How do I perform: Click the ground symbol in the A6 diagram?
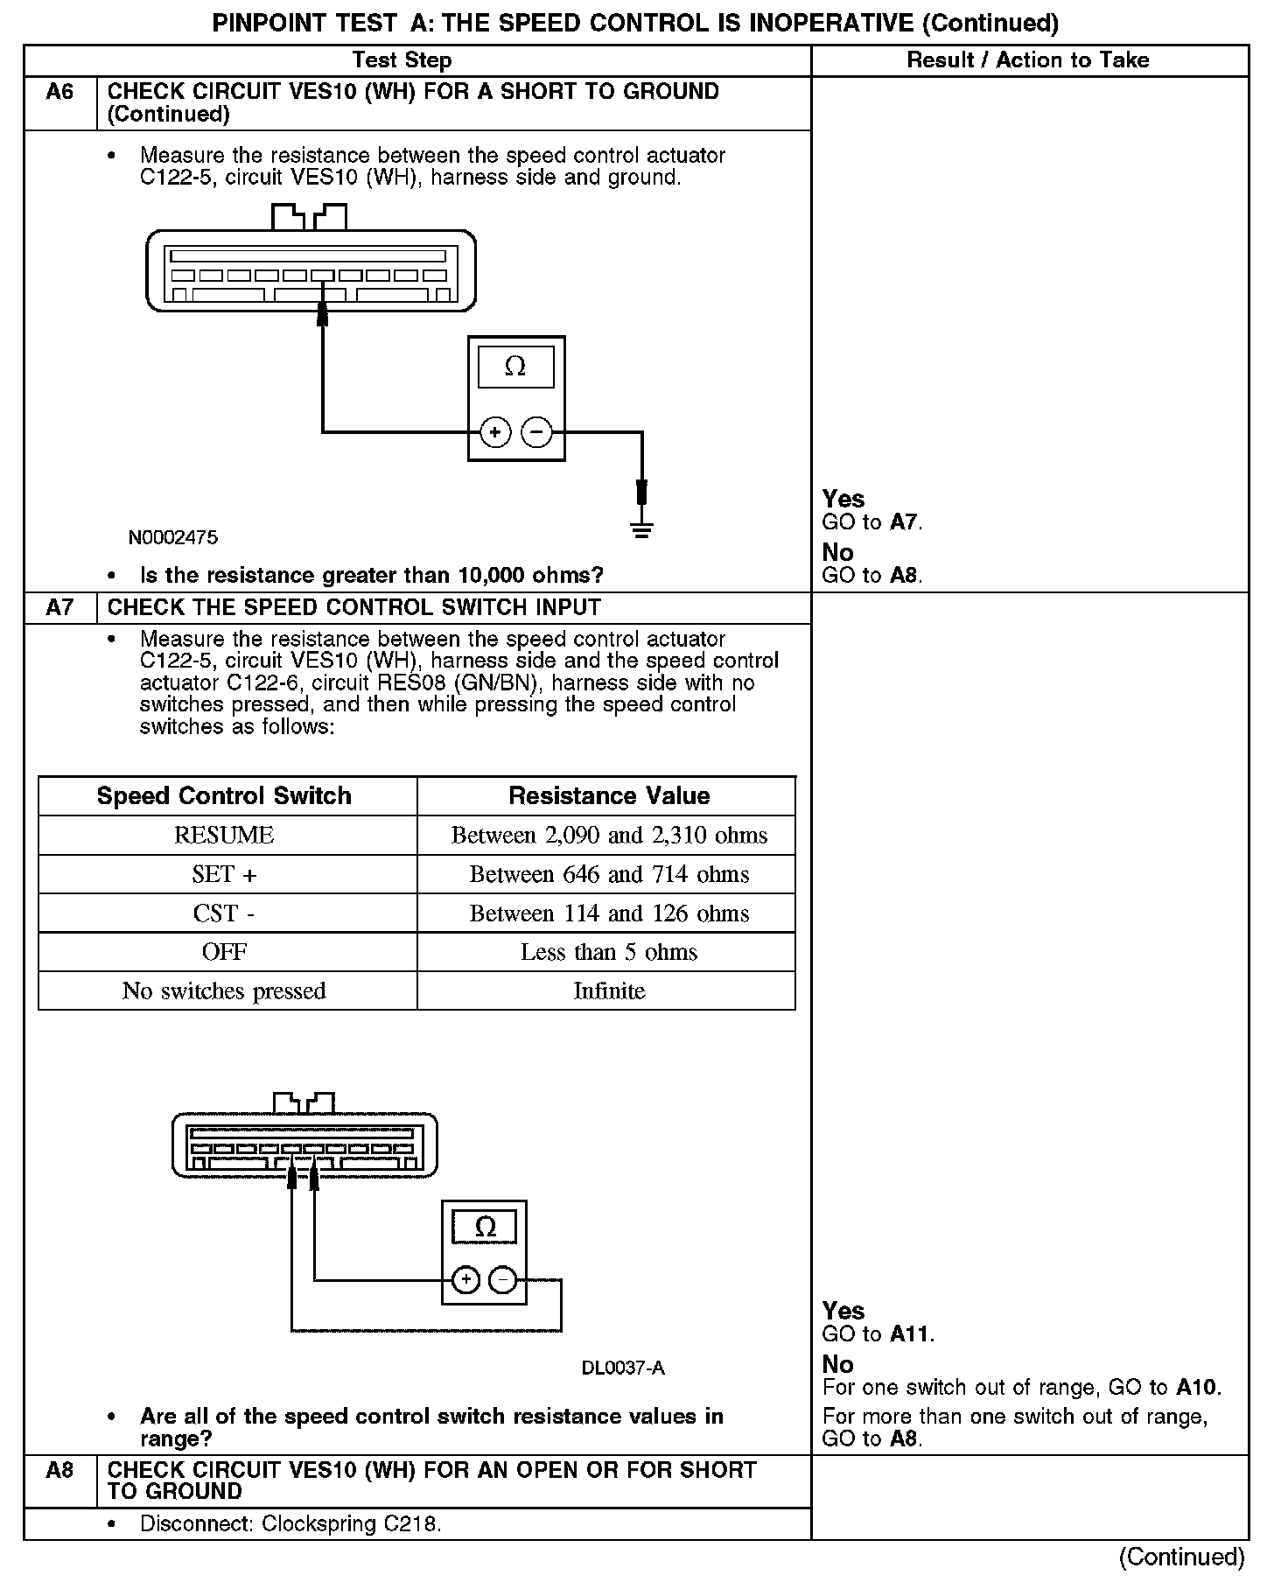click(x=642, y=528)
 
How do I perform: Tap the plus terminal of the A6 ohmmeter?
click(x=495, y=431)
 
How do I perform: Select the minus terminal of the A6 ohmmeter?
click(x=536, y=431)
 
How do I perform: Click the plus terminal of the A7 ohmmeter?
click(x=466, y=1280)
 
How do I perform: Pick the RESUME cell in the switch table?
click(x=224, y=835)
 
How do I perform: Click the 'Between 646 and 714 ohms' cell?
click(x=609, y=874)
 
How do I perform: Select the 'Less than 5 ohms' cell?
click(x=609, y=952)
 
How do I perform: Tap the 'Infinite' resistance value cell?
click(x=609, y=990)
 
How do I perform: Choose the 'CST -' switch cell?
click(x=224, y=913)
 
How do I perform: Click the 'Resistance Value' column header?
click(x=609, y=795)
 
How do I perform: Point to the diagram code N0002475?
click(x=173, y=537)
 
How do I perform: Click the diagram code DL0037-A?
click(x=623, y=1368)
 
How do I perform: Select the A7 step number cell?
click(x=59, y=607)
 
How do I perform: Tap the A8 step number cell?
click(x=59, y=1470)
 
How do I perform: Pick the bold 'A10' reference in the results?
click(x=1197, y=1387)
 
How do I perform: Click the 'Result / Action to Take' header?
click(x=1028, y=60)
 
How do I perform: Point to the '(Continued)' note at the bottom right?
click(x=1181, y=1557)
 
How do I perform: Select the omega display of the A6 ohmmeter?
click(x=515, y=367)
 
